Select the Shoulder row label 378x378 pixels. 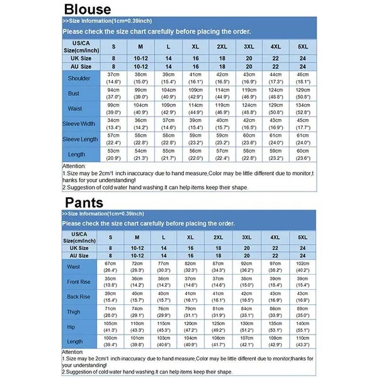coord(79,79)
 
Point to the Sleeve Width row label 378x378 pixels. coord(79,123)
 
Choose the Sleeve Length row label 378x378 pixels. coord(79,139)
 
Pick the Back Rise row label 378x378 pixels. coord(79,297)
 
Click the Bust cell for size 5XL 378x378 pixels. coord(302,93)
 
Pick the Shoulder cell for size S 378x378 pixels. coord(113,78)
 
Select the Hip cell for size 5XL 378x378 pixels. coord(302,327)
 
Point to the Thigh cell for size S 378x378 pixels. coord(111,312)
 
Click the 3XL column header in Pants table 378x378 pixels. coord(249,237)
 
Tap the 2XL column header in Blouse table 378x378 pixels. coord(222,46)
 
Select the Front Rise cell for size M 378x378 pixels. coord(137,282)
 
